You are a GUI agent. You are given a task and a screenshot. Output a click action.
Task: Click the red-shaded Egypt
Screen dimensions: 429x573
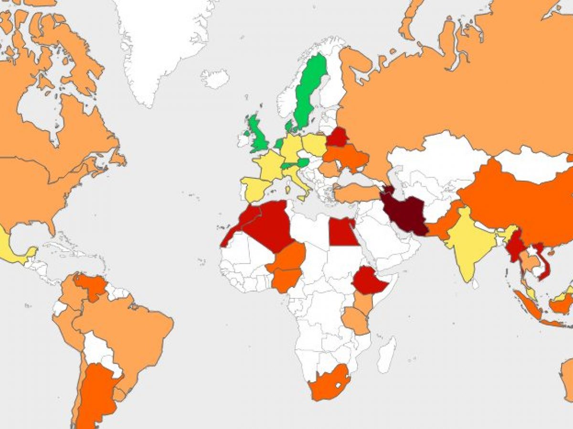click(343, 233)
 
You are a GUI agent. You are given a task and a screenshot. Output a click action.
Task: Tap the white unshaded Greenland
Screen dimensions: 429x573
click(158, 43)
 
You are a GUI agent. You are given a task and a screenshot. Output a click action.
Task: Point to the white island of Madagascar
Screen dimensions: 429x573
click(387, 355)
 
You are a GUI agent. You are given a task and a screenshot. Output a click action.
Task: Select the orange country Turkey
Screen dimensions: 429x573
click(356, 193)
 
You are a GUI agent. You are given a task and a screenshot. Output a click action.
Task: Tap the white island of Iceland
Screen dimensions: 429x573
click(214, 78)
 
